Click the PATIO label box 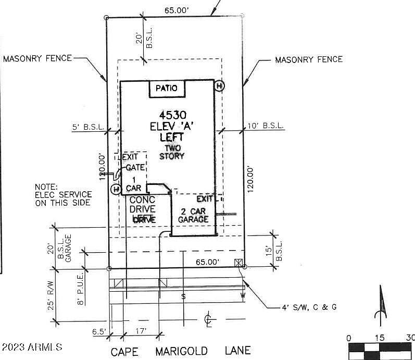[167, 88]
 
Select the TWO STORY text [171, 152]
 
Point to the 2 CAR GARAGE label [194, 215]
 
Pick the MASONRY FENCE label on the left [37, 58]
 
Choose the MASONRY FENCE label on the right [309, 59]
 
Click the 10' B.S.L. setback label [266, 126]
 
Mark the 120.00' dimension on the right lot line [252, 179]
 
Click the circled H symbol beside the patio [220, 85]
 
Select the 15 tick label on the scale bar [380, 338]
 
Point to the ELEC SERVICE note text [63, 195]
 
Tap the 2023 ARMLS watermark [32, 347]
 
